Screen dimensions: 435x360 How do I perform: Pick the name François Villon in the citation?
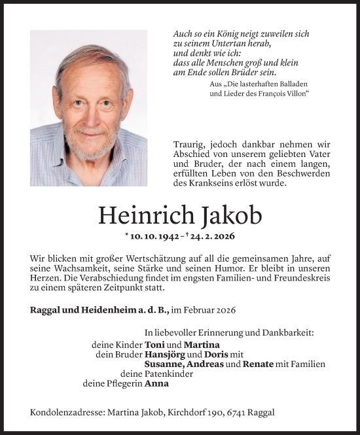(x=279, y=94)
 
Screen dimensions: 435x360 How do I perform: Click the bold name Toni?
(x=154, y=345)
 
